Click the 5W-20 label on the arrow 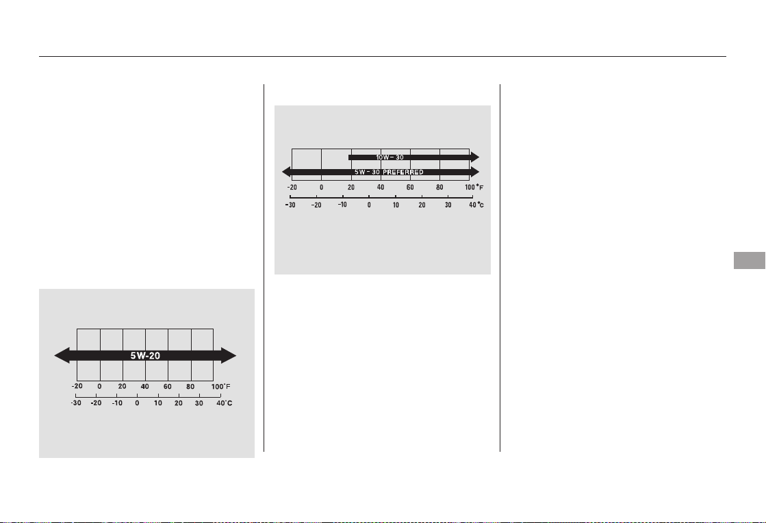click(x=145, y=355)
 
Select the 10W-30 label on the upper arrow click(x=390, y=157)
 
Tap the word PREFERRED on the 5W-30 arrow click(x=403, y=172)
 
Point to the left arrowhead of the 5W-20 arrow click(x=62, y=355)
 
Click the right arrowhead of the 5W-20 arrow click(x=229, y=355)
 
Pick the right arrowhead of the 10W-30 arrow click(x=475, y=157)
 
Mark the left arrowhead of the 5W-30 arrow click(x=287, y=172)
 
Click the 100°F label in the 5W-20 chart click(x=221, y=386)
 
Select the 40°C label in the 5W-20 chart click(x=225, y=403)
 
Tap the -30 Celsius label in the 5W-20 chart click(x=76, y=403)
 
